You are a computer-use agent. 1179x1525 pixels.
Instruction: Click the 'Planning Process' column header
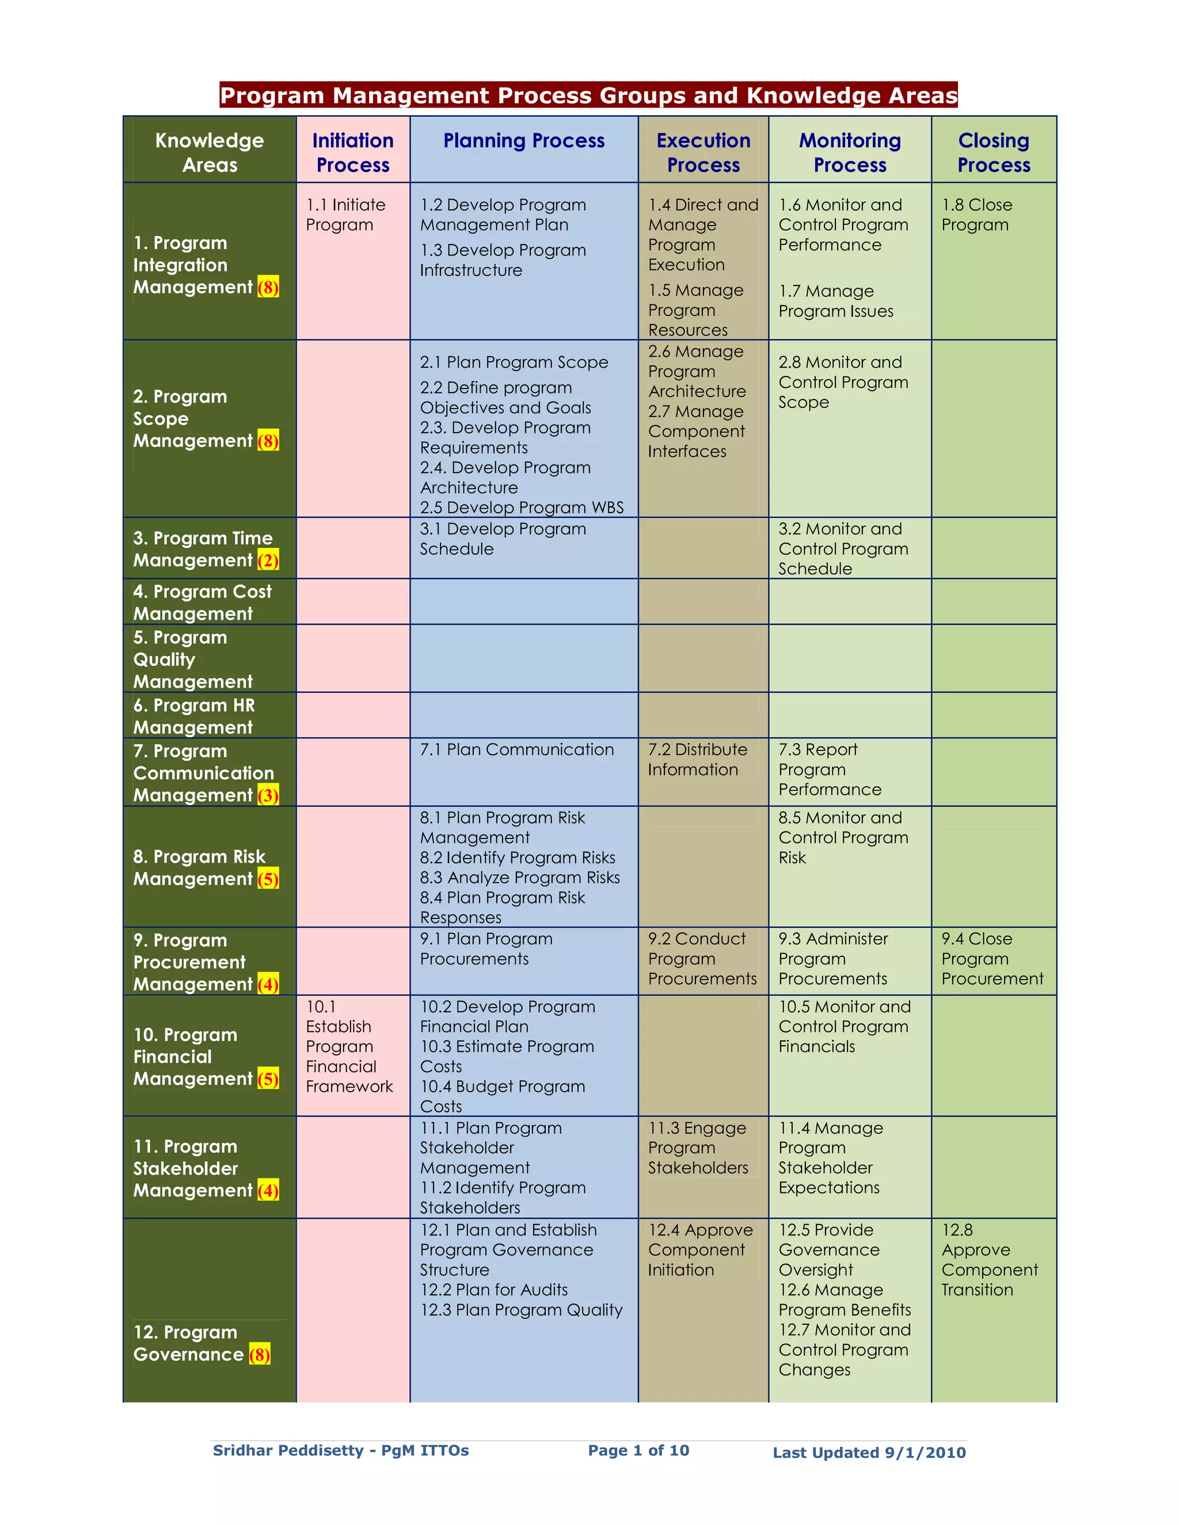524,141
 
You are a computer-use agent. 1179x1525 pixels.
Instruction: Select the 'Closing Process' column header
993,152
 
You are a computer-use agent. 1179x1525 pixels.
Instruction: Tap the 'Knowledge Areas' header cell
210,152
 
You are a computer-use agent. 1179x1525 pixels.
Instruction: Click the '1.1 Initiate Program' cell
346,215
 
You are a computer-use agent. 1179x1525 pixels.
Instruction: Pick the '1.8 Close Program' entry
976,215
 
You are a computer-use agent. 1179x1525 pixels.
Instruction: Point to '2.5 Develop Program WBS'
522,508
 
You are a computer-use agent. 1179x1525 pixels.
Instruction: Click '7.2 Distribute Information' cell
697,759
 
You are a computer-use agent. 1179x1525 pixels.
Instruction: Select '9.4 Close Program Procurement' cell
992,959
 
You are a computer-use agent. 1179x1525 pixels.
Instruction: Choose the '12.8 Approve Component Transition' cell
989,1260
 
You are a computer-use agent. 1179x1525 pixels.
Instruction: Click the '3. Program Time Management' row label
203,549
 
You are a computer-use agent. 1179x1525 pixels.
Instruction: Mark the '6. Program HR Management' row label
194,716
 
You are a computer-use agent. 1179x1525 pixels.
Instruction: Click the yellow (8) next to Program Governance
260,1355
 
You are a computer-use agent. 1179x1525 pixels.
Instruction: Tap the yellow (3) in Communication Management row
268,795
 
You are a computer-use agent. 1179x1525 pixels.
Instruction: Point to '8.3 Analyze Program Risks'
520,878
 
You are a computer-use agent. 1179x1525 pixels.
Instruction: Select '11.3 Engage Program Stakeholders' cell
697,1148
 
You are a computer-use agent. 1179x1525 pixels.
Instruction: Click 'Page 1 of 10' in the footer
638,1451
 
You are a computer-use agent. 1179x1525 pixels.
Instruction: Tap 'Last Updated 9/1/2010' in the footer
869,1453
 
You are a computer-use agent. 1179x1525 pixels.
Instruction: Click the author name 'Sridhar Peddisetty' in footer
288,1451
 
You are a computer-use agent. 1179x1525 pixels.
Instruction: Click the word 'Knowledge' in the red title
808,95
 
